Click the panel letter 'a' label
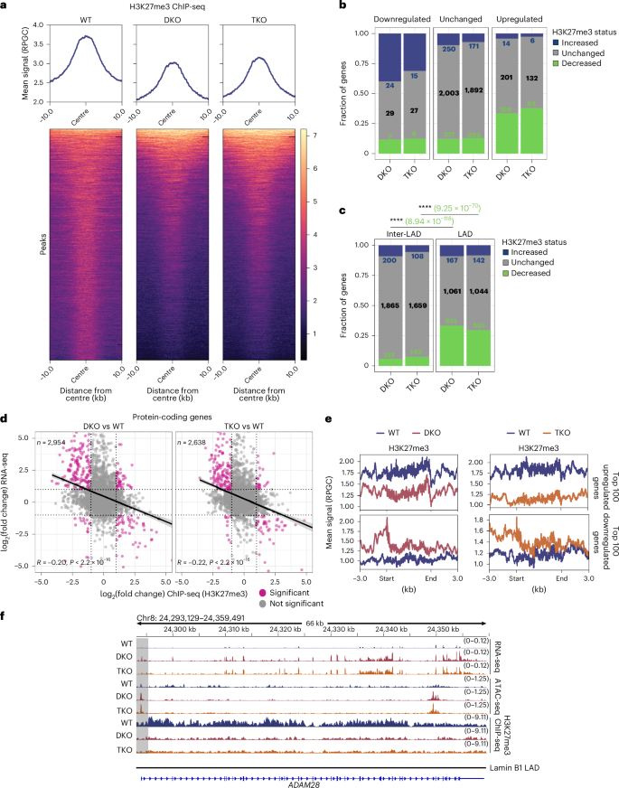point(5,6)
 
